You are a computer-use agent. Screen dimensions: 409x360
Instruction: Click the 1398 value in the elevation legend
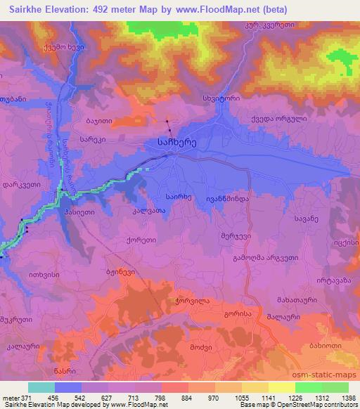347,398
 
